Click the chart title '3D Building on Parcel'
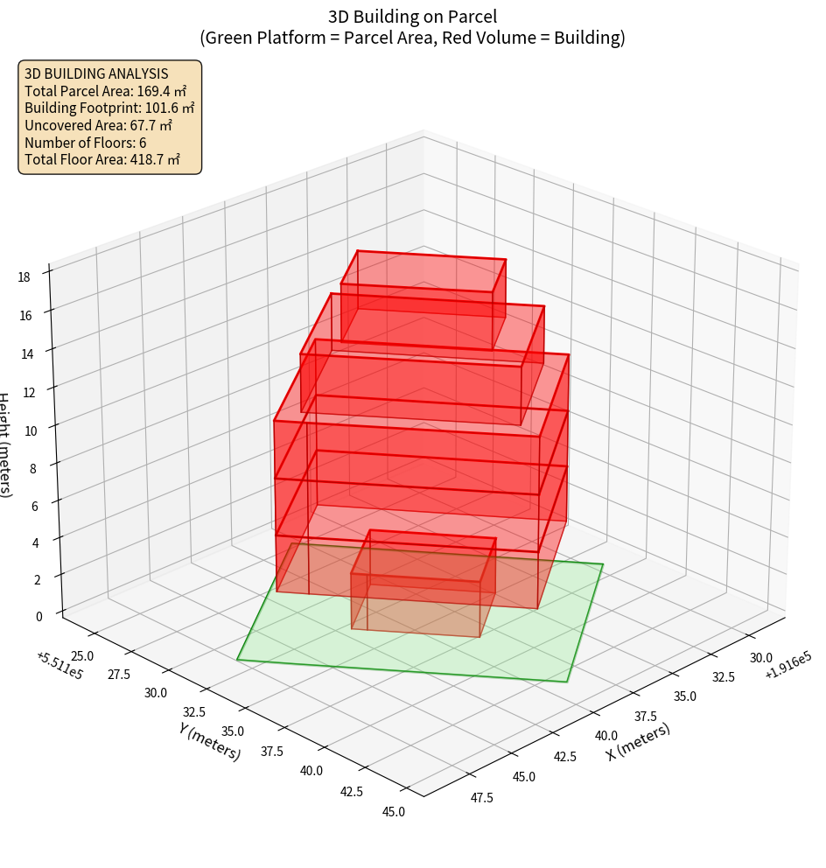[x=413, y=16]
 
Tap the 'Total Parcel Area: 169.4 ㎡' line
[x=105, y=90]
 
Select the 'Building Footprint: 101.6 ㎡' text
[x=109, y=108]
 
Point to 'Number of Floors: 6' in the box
[x=86, y=142]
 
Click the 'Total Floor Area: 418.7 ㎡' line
[x=102, y=159]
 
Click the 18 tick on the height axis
[x=24, y=276]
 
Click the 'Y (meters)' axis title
[x=210, y=740]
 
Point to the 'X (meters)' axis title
[x=638, y=741]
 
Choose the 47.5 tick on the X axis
[x=480, y=797]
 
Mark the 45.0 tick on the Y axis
[x=394, y=811]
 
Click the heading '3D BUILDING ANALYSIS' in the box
[x=96, y=73]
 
